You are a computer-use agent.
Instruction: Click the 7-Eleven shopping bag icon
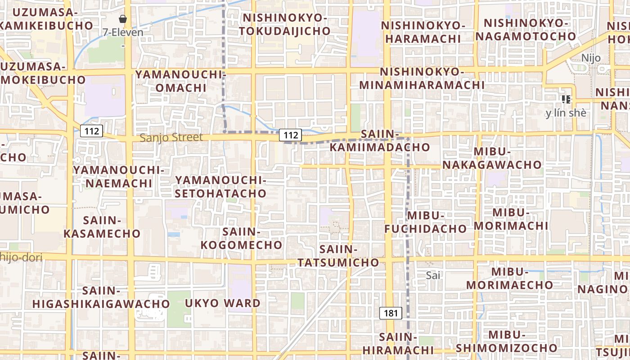[122, 19]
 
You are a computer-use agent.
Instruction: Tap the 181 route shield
[391, 313]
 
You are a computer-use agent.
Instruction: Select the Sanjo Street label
[171, 138]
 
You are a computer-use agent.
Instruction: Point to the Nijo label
[591, 58]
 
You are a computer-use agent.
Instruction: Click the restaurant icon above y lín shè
[566, 99]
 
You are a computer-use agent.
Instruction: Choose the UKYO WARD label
[223, 303]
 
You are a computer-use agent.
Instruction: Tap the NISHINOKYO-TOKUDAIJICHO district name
[284, 24]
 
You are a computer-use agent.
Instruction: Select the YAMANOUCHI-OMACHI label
[180, 81]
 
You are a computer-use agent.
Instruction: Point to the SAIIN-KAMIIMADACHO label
[380, 141]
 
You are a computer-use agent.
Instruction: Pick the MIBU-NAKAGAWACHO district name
[492, 158]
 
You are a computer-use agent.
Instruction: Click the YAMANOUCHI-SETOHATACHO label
[221, 187]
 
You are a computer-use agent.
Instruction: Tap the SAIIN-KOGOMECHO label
[241, 238]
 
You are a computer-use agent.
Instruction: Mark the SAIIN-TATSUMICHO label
[338, 256]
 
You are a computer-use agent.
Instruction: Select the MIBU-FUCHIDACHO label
[425, 222]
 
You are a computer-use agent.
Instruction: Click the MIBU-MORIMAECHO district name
[509, 278]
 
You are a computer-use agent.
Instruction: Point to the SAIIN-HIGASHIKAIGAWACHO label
[101, 297]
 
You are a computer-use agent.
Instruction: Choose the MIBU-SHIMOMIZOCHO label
[507, 342]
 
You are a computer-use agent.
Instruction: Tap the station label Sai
[433, 275]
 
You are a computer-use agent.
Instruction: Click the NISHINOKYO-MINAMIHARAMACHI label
[422, 78]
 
